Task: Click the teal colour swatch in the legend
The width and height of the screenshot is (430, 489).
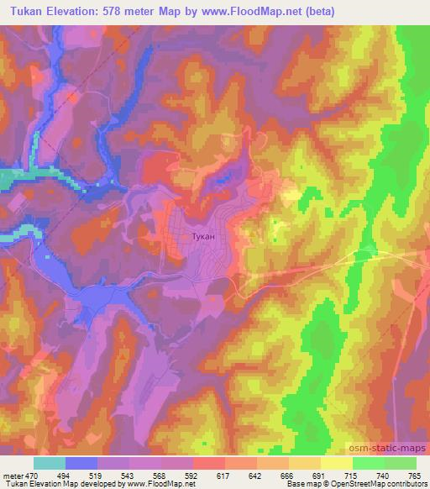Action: (x=49, y=463)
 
